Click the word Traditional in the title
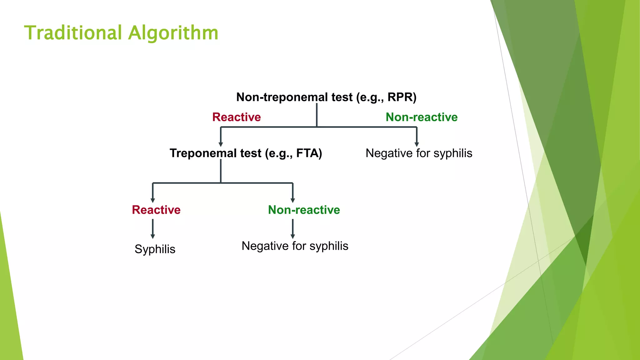pos(73,33)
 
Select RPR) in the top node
pos(402,97)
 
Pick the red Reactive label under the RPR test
pos(236,117)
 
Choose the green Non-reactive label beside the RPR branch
pos(422,117)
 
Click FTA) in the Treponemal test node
pos(309,153)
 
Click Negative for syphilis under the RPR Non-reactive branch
pos(419,153)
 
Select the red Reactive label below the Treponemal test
pos(156,210)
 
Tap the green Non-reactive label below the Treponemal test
pos(304,210)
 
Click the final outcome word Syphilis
pos(155,249)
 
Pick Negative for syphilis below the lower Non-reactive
pos(295,246)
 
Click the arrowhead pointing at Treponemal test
pos(221,144)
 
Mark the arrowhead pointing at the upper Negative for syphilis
pos(417,144)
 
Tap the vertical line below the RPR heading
pos(317,115)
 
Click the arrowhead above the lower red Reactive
pos(153,200)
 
